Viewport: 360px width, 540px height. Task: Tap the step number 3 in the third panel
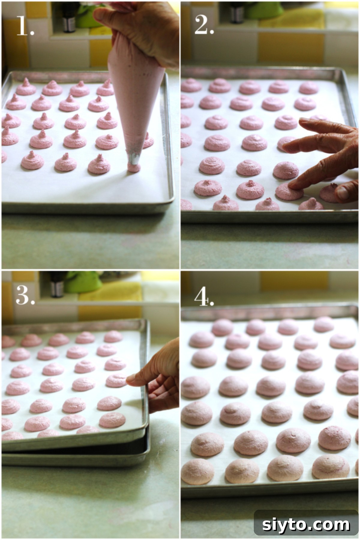click(x=25, y=295)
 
